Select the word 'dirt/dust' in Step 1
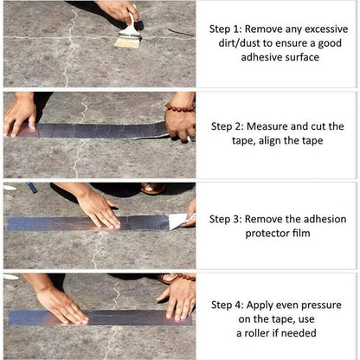(234, 42)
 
